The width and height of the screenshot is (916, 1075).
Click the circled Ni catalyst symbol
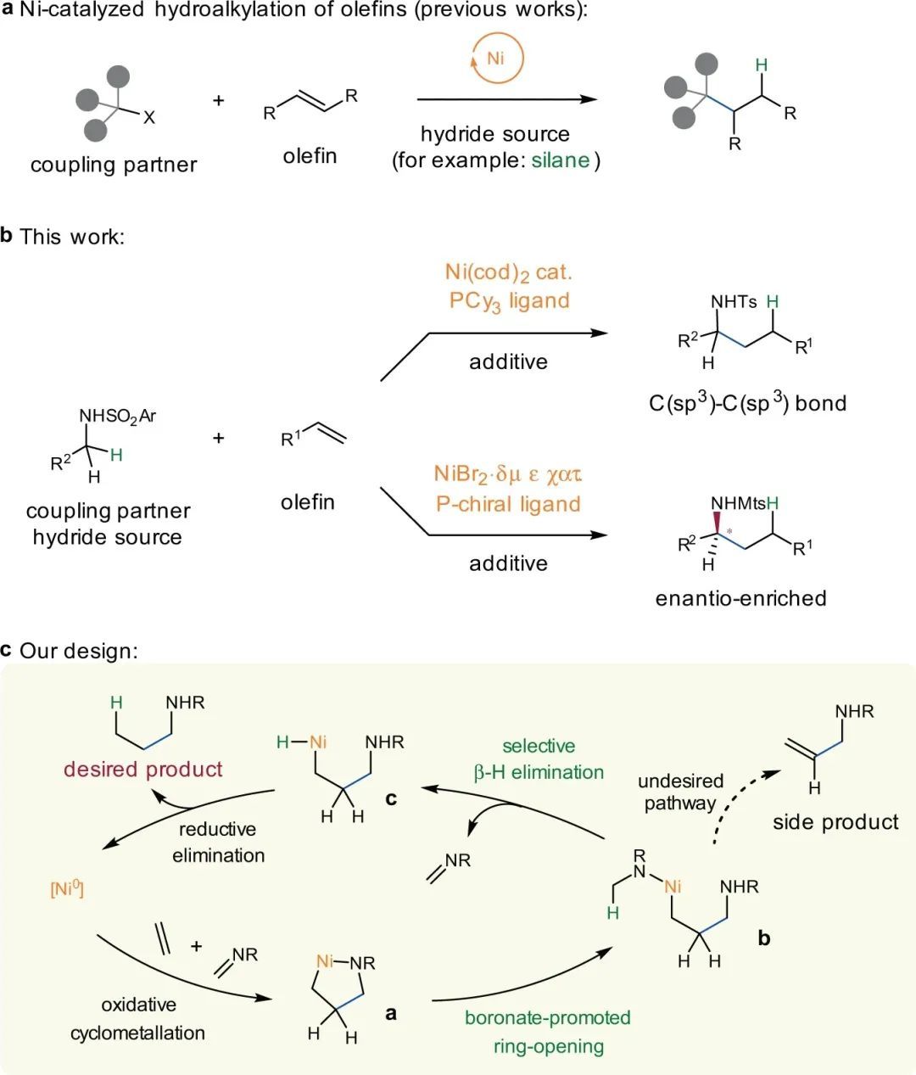pos(497,59)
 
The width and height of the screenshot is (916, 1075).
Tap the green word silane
pos(561,160)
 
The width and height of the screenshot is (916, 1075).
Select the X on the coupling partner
pos(149,118)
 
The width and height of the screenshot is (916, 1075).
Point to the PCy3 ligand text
pos(509,300)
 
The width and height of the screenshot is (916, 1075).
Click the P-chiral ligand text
pos(508,503)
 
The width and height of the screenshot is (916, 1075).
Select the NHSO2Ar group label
pos(118,416)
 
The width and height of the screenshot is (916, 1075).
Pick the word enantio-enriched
pos(740,598)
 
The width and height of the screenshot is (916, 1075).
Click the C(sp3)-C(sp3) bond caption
pos(747,402)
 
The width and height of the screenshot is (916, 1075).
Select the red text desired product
pos(143,770)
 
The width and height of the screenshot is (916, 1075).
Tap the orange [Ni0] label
pos(67,889)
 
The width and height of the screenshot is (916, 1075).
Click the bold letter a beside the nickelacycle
pos(391,1012)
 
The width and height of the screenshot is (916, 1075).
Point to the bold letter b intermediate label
pos(763,938)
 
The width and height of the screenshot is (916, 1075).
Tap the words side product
pos(835,821)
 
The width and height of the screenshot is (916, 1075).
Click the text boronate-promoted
pos(548,1017)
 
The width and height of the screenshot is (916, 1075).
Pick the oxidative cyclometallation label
pos(138,1018)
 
